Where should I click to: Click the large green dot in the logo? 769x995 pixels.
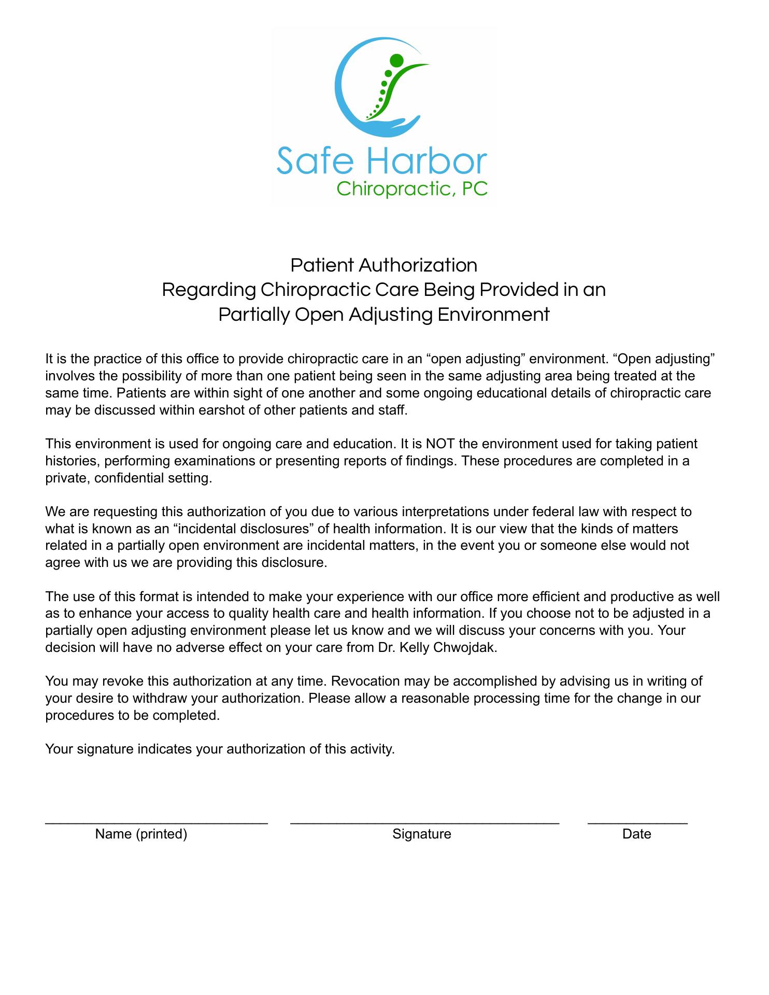[396, 61]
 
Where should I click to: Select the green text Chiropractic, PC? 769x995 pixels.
[412, 189]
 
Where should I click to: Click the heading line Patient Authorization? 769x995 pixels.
[383, 265]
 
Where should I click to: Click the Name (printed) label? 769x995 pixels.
[141, 834]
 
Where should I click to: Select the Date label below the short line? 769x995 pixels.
[637, 834]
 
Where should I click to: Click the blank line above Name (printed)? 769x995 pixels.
[156, 822]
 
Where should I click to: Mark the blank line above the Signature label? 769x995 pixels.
[424, 822]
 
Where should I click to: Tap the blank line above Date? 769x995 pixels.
[637, 822]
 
